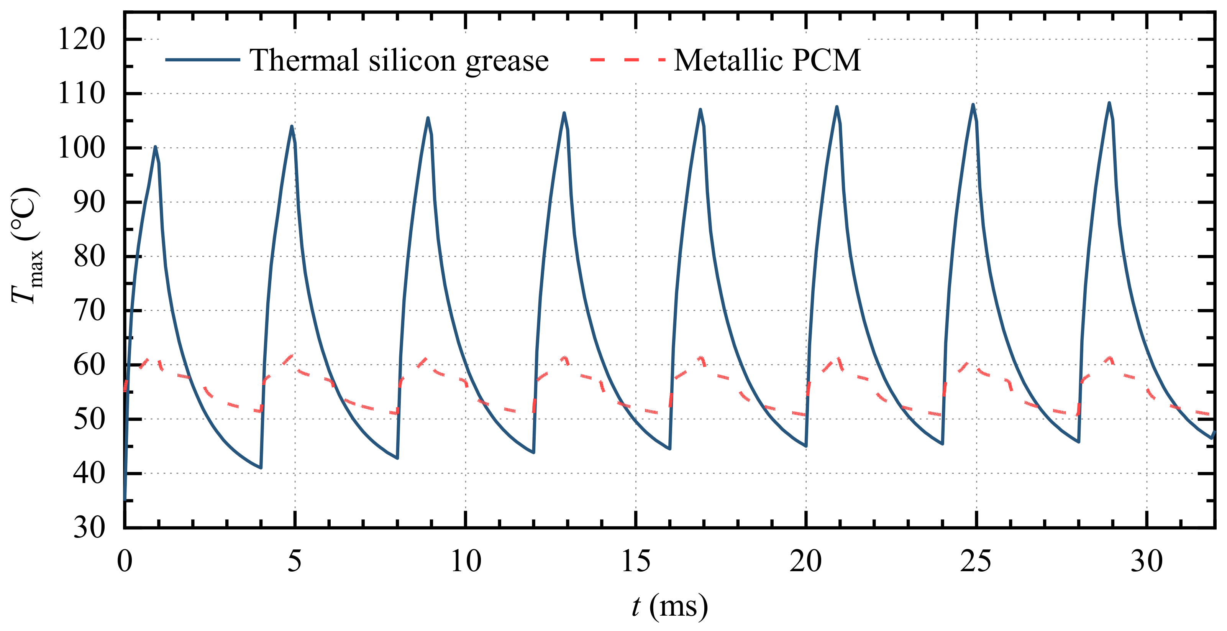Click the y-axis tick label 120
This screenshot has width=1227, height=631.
81,39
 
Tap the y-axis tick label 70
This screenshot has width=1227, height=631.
89,311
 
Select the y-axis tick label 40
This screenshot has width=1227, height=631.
89,474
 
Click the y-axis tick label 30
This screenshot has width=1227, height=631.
89,527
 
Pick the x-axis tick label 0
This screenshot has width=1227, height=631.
125,561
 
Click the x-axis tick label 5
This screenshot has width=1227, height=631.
294,561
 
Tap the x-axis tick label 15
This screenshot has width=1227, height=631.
635,561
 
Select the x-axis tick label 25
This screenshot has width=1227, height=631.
976,561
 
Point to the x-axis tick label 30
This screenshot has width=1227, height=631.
1146,561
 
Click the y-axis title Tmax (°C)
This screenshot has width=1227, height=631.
26,245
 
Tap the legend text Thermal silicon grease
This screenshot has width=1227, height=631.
399,61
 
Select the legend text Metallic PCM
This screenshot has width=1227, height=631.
767,61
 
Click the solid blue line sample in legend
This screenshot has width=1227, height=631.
202,59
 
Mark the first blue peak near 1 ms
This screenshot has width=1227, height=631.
155,147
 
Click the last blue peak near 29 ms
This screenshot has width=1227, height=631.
1109,103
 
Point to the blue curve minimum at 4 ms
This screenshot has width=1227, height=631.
261,468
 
